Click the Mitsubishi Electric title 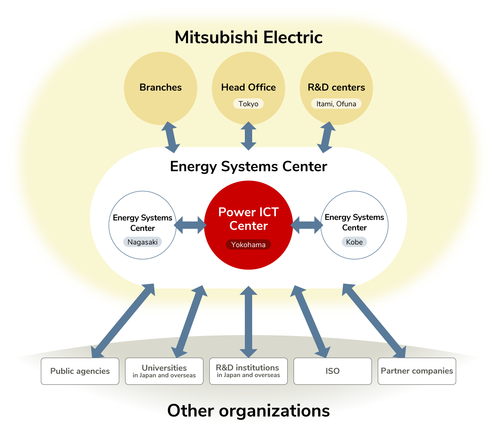(249, 37)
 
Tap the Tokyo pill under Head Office (248, 104)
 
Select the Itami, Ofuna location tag (336, 104)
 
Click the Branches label (160, 87)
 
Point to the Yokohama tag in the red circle (248, 245)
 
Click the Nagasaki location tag (142, 242)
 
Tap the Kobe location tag (354, 242)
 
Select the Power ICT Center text (248, 219)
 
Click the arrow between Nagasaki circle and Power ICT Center (190, 225)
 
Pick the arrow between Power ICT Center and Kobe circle (307, 225)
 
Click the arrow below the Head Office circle (248, 136)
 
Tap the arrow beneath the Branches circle (171, 137)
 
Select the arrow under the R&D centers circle (326, 137)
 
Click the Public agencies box (80, 371)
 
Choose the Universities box (164, 371)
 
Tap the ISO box (332, 371)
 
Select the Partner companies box (417, 371)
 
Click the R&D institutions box (248, 371)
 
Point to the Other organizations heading (248, 410)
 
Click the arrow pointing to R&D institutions (248, 322)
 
